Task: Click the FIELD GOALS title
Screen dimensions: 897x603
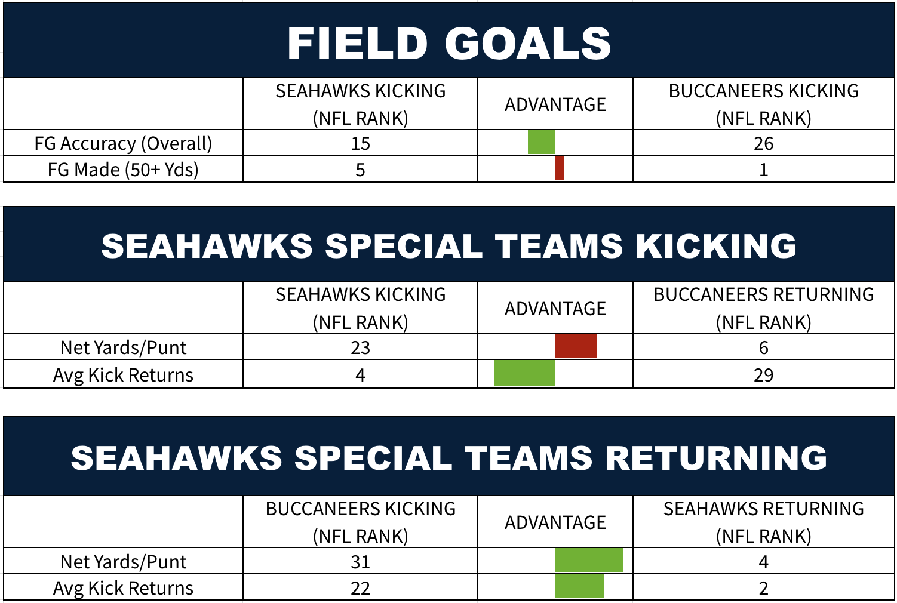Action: click(x=449, y=44)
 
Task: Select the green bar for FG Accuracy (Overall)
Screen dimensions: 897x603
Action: click(x=542, y=142)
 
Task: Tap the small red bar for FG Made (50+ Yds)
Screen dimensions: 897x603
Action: click(x=560, y=168)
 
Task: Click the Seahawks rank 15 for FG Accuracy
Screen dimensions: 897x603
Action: click(x=360, y=143)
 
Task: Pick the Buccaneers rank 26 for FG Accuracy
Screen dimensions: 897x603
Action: click(x=763, y=143)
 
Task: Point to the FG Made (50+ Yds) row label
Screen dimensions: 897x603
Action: click(x=123, y=170)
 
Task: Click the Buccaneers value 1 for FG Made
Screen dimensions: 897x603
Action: click(x=764, y=170)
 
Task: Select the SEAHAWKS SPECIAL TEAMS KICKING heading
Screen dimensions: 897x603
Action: click(x=449, y=246)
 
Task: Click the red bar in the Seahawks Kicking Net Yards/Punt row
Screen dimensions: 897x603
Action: click(x=576, y=346)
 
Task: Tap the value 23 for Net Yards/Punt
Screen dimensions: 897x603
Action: click(x=360, y=347)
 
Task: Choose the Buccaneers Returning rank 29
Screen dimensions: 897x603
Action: click(x=763, y=375)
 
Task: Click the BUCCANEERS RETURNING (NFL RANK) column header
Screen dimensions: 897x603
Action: click(x=763, y=308)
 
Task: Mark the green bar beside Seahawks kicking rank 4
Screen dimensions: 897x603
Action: click(x=524, y=373)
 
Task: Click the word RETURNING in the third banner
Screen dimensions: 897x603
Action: click(x=716, y=458)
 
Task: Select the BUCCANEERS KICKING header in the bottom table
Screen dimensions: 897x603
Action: click(x=360, y=509)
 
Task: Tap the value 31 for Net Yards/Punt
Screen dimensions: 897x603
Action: click(x=360, y=562)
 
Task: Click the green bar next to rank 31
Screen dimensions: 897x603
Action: click(x=589, y=560)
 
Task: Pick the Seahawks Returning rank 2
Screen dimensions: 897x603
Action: click(x=764, y=588)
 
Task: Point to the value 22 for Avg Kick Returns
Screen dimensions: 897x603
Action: click(x=360, y=588)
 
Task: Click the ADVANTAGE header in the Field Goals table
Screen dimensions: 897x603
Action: click(x=555, y=104)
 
